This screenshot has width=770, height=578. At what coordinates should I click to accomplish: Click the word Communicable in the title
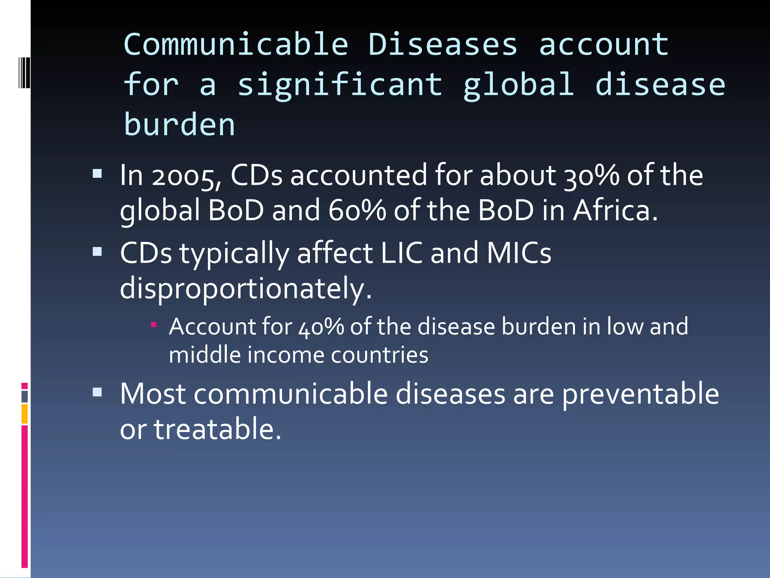[236, 45]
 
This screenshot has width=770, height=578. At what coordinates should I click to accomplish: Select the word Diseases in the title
[443, 45]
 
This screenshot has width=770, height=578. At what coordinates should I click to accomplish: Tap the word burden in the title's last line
[179, 125]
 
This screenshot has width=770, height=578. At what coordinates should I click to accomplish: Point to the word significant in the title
[340, 85]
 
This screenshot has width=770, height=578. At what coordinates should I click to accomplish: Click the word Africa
[615, 210]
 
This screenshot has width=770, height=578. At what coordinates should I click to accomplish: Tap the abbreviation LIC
[402, 253]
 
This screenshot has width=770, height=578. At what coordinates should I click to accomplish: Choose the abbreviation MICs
[519, 253]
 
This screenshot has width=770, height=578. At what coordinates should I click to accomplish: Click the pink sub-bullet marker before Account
[153, 324]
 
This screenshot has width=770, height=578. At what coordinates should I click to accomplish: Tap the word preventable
[640, 394]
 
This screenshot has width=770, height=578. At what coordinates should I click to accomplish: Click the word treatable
[217, 429]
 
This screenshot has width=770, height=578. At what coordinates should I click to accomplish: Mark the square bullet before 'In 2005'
[97, 173]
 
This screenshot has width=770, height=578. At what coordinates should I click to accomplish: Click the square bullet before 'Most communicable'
[97, 392]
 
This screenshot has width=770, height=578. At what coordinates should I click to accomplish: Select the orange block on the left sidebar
[24, 414]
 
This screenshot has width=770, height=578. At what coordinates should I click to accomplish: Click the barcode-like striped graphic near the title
[24, 73]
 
